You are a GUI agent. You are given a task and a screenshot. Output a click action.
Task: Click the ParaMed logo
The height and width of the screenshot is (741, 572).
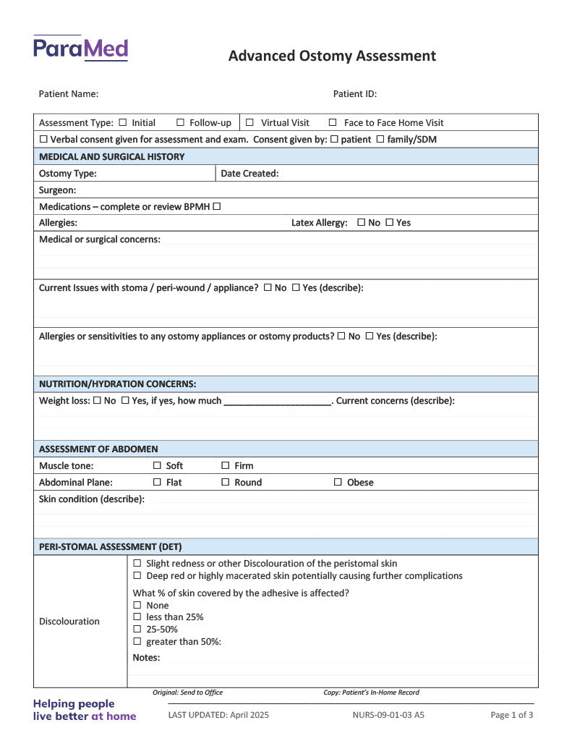[x=80, y=48]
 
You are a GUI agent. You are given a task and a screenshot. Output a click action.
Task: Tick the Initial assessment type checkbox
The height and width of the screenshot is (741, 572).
[x=122, y=122]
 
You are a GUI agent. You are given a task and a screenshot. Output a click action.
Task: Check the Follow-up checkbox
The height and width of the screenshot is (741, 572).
[x=181, y=122]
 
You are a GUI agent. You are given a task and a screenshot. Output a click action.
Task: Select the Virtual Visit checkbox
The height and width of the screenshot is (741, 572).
[x=249, y=122]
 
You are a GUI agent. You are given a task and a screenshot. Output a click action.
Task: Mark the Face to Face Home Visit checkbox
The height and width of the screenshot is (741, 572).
[x=333, y=122]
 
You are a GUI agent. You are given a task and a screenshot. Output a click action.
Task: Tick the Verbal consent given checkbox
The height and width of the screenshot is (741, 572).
[x=43, y=140]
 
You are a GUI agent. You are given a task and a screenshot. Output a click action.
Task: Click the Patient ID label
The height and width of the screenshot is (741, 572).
[x=354, y=93]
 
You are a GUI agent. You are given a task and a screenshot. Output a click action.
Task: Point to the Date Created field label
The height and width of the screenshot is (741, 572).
[x=249, y=173]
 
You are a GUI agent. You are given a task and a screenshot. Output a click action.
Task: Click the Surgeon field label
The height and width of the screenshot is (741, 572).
[x=58, y=190]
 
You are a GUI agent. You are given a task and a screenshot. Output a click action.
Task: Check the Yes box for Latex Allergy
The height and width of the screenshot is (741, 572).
[x=390, y=223]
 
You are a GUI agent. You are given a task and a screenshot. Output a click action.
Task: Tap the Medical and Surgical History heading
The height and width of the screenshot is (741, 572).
[x=111, y=156]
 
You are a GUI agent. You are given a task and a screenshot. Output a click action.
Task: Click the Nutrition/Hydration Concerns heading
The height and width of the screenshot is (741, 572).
[x=117, y=384]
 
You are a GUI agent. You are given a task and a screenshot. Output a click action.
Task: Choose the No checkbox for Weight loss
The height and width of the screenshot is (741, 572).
[x=97, y=400]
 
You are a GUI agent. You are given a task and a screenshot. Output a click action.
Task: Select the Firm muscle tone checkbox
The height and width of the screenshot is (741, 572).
[x=226, y=465]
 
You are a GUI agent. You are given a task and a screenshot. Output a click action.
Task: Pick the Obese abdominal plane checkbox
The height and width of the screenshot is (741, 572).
[x=338, y=482]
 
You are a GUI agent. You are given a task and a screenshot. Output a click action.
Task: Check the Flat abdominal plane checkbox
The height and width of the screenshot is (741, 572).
[x=157, y=482]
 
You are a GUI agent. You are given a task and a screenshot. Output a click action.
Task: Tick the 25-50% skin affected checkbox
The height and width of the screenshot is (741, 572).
[x=137, y=629]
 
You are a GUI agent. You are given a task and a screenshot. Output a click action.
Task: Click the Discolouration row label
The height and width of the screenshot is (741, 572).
[x=69, y=621]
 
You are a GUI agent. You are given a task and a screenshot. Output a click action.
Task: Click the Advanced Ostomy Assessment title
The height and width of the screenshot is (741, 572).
[x=332, y=56]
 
